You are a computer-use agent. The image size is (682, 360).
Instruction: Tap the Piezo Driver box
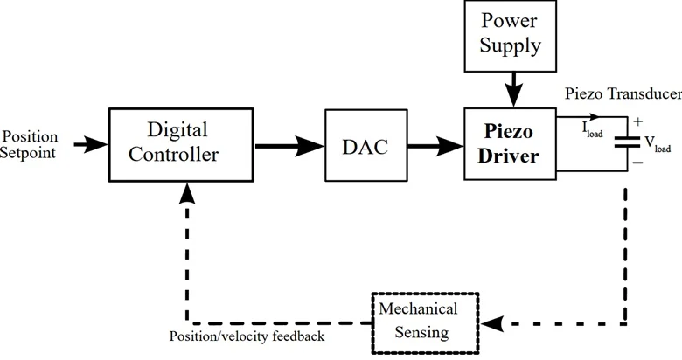coord(509,144)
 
